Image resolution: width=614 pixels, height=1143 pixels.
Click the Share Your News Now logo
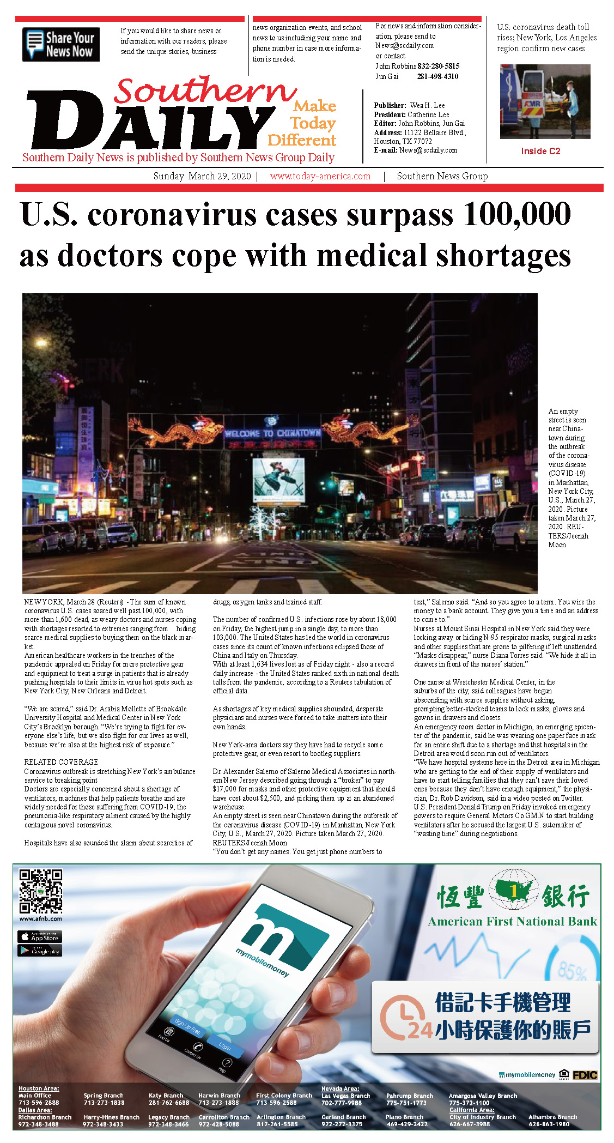60,44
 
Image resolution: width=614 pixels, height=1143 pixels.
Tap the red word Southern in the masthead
205,90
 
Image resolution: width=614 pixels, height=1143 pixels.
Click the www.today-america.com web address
320,176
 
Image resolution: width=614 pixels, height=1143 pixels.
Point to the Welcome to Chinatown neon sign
272,433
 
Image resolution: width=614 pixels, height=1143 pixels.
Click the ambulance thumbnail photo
545,101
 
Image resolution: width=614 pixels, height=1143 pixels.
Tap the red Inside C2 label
540,151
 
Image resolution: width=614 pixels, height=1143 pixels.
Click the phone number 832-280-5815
439,66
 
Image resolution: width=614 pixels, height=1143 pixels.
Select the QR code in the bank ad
40,891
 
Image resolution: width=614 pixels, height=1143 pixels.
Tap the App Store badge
40,937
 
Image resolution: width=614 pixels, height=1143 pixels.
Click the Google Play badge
40,951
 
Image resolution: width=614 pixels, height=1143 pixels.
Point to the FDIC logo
585,1075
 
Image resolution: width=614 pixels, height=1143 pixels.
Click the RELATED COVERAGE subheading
61,762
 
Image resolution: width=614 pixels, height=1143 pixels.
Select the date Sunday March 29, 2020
202,176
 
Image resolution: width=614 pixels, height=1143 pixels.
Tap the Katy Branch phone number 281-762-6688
169,1103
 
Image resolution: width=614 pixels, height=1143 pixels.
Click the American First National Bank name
512,922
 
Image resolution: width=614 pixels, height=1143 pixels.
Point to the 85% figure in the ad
572,971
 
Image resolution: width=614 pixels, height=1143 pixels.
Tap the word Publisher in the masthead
390,105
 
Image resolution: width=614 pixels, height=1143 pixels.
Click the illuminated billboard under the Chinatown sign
278,480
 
